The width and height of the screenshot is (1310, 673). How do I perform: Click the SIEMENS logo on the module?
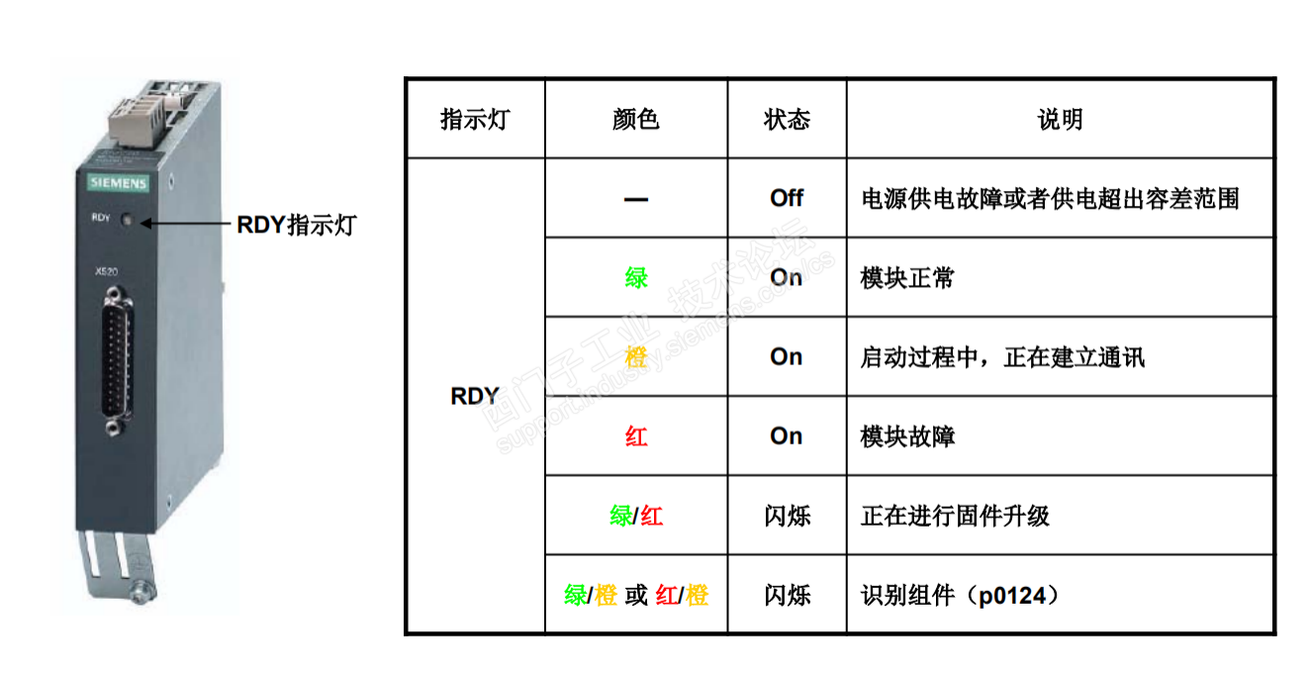tap(118, 183)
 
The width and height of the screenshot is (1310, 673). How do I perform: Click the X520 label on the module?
tap(106, 270)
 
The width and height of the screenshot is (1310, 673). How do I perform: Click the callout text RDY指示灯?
tap(295, 225)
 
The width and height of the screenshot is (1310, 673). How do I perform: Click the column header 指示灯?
tap(475, 120)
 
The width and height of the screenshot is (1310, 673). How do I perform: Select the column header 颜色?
tap(636, 120)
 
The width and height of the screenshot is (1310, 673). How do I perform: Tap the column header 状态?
tap(787, 120)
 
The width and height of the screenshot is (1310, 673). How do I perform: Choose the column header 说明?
tap(1060, 120)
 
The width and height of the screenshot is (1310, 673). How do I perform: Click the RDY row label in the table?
tap(475, 396)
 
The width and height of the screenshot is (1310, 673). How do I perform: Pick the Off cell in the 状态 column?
tap(787, 198)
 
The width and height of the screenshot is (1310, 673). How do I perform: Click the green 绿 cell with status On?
tap(636, 278)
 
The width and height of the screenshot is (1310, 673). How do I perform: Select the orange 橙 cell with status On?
tap(636, 357)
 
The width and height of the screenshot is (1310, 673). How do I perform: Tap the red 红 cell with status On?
tap(636, 436)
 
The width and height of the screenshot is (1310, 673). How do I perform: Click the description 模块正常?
tap(907, 278)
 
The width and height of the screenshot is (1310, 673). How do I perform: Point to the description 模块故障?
tap(907, 436)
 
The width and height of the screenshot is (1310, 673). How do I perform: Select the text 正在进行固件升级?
tap(955, 516)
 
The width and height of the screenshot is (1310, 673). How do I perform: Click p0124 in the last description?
tap(1013, 596)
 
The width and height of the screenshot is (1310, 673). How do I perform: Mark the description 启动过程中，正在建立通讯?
tap(1002, 357)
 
